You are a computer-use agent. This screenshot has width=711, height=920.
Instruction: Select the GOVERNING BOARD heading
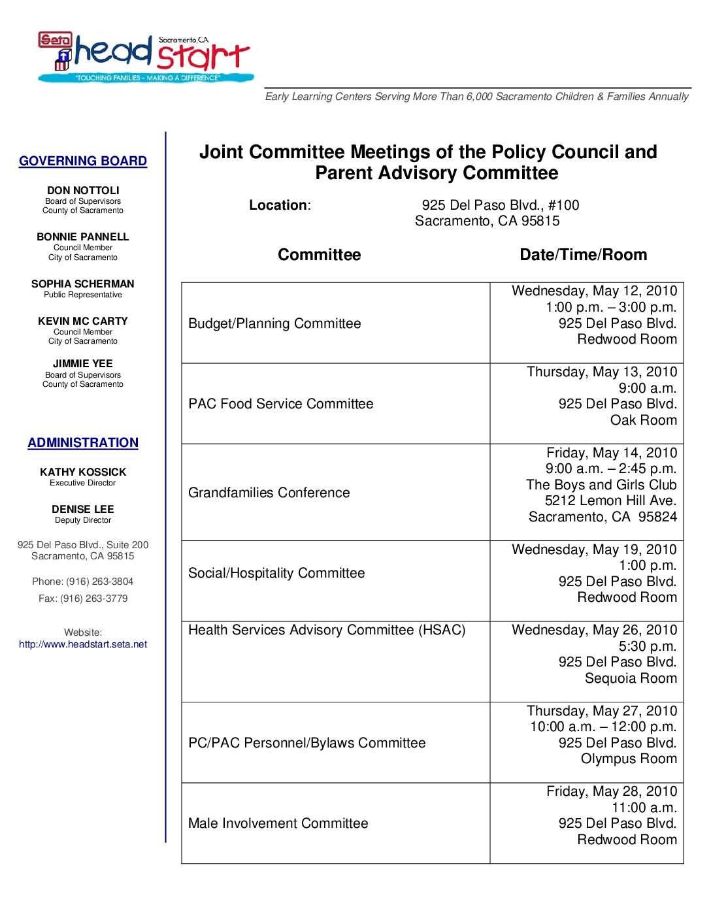tap(83, 161)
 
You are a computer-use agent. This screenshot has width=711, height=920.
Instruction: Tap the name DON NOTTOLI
tap(83, 191)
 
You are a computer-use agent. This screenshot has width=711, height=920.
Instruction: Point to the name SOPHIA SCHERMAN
tap(83, 284)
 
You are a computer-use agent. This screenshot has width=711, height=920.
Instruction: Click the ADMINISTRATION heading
tap(83, 443)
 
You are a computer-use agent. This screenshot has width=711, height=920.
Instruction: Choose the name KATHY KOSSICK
tap(83, 472)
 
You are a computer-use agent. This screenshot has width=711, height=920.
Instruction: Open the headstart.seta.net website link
tap(83, 644)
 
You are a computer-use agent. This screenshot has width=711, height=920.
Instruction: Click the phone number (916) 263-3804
tap(99, 582)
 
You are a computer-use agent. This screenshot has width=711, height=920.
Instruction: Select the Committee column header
tap(319, 255)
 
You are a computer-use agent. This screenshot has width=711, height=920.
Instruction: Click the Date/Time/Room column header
tap(583, 255)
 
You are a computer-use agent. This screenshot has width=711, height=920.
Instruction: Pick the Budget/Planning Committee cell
tap(274, 323)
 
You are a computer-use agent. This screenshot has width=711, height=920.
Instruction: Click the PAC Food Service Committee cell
tap(281, 404)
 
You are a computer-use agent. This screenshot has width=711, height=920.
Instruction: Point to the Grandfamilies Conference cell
tap(269, 493)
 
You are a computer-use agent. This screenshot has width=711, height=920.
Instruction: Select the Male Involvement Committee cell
tap(278, 823)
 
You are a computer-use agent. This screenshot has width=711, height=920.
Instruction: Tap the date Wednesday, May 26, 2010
tap(594, 630)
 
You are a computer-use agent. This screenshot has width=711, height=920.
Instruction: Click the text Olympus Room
tap(629, 759)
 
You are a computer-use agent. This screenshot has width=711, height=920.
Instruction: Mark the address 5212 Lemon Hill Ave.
tap(610, 501)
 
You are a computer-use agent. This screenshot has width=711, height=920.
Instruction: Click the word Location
tap(278, 205)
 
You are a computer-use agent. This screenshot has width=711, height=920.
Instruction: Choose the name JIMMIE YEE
tap(83, 364)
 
